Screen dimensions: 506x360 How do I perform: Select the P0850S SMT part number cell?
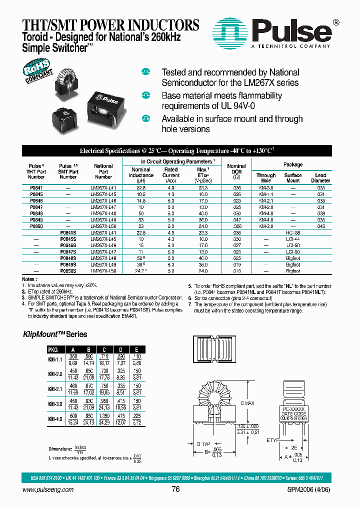coord(68,270)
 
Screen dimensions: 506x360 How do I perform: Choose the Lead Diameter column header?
coord(320,178)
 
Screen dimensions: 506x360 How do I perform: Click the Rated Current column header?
coord(171,172)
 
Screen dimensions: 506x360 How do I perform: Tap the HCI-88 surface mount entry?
coord(293,232)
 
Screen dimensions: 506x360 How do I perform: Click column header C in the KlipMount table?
coord(103,349)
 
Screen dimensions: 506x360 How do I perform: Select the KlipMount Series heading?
coord(55,334)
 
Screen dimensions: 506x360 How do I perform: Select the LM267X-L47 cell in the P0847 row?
coord(103,206)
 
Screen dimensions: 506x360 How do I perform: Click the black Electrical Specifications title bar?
coord(177,150)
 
